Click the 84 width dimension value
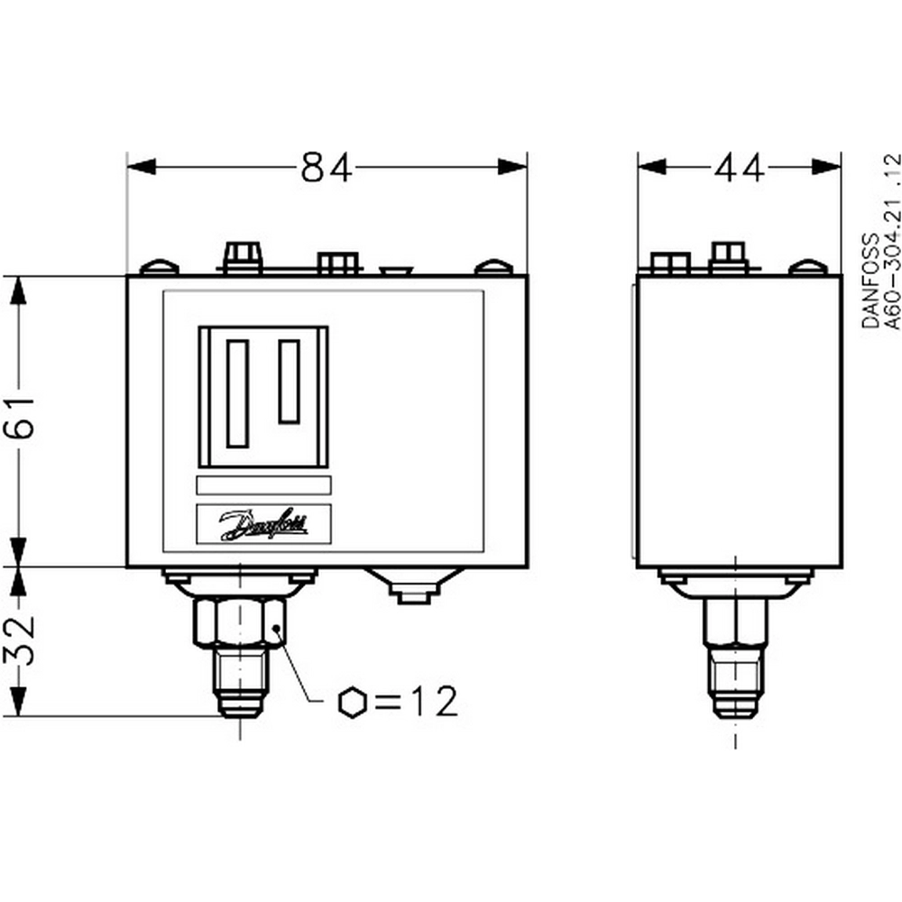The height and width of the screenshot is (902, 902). pyautogui.click(x=327, y=168)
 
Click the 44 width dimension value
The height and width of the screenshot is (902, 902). pyautogui.click(x=740, y=168)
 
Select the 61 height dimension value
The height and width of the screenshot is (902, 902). pyautogui.click(x=20, y=418)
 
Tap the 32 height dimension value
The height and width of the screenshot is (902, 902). pyautogui.click(x=20, y=640)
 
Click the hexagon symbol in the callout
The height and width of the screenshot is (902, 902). pyautogui.click(x=352, y=703)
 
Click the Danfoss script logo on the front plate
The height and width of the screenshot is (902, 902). pyautogui.click(x=264, y=524)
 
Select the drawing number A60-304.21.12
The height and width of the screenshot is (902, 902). pyautogui.click(x=892, y=241)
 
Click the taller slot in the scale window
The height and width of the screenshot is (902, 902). pyautogui.click(x=237, y=393)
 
